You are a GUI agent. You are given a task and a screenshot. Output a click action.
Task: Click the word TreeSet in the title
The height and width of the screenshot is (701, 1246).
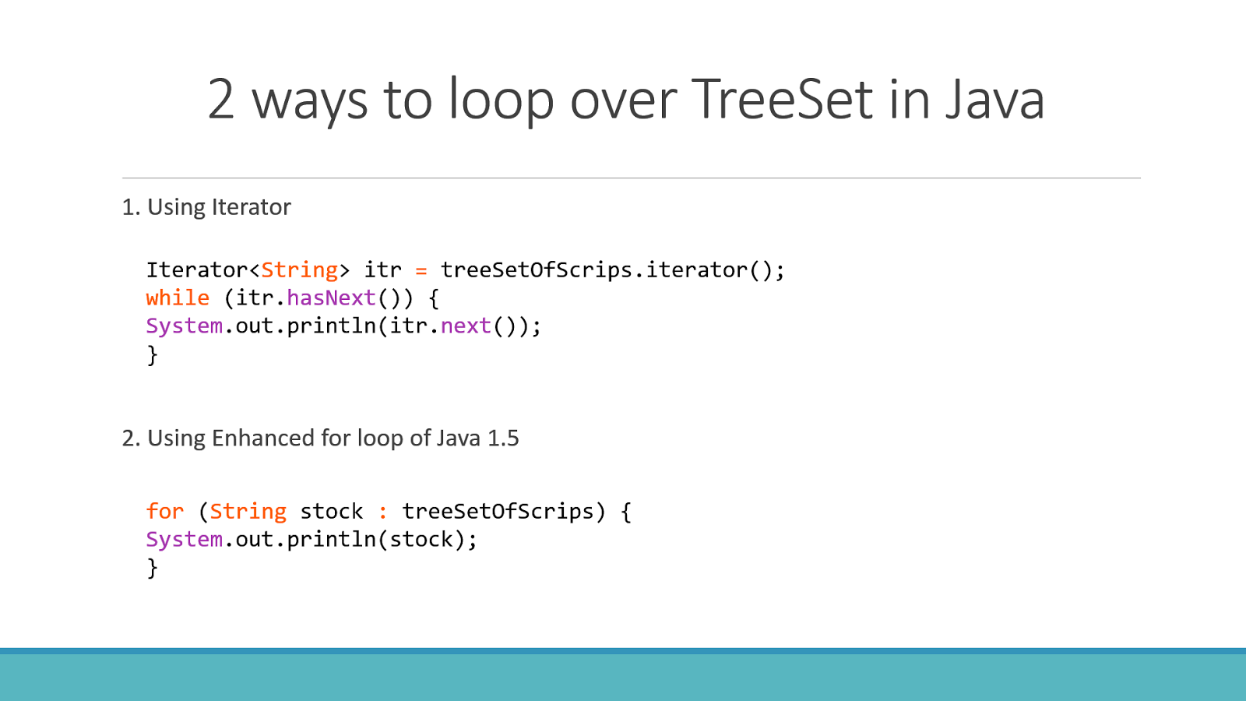(x=782, y=100)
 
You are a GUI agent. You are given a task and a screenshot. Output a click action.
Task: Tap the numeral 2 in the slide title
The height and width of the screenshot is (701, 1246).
(x=221, y=100)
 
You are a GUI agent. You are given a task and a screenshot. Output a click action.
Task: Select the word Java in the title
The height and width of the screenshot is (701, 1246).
(x=994, y=100)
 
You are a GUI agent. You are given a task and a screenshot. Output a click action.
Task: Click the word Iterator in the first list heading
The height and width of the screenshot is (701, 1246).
(x=251, y=207)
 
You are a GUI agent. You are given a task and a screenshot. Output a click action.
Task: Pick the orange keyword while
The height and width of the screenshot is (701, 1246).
(x=178, y=298)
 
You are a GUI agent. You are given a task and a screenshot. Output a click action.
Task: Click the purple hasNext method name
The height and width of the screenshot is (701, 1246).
(x=331, y=298)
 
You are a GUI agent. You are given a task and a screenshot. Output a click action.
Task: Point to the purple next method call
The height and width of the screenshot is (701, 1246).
(x=466, y=326)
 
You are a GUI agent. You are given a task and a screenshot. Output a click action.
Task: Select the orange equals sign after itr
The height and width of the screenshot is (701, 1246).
(x=421, y=270)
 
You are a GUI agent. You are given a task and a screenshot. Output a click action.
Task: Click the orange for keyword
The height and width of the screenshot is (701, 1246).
(x=165, y=512)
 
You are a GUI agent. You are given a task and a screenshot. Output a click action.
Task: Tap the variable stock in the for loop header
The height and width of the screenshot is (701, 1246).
(x=331, y=512)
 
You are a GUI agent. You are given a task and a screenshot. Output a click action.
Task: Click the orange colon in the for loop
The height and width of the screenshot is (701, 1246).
(x=382, y=512)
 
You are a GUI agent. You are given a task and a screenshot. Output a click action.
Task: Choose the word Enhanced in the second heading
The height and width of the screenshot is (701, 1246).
(x=262, y=439)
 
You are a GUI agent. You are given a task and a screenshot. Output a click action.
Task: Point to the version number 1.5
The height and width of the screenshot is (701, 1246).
(x=503, y=439)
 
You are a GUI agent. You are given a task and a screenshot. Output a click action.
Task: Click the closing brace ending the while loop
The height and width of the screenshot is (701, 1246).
(x=153, y=355)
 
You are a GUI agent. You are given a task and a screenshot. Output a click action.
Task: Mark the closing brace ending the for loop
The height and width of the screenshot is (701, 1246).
(x=153, y=569)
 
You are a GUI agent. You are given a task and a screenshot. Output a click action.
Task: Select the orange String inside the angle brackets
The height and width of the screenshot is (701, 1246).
(x=299, y=270)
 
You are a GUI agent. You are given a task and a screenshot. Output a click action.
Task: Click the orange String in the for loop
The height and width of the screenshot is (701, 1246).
(x=248, y=512)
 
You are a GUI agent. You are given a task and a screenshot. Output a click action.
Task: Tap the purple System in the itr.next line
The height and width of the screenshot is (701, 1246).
(x=184, y=326)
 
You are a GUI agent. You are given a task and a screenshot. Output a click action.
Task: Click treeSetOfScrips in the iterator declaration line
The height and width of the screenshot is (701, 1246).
(x=536, y=270)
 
